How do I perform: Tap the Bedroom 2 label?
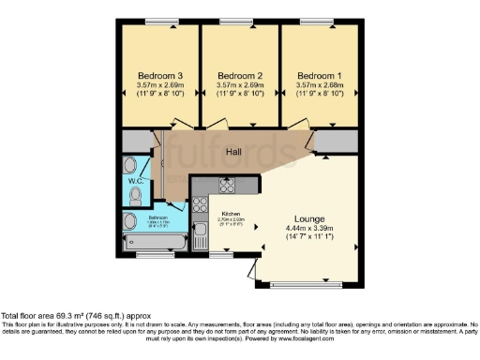pos(239,76)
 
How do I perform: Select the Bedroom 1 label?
pos(320,76)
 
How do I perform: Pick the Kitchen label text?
pos(231,214)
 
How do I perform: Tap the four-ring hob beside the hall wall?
pos(227,184)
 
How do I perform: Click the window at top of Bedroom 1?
pos(320,21)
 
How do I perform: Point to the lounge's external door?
pos(254,271)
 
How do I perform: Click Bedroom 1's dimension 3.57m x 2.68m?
pos(320,87)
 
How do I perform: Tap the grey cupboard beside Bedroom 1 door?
pos(335,142)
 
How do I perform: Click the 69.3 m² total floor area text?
pos(74,316)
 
